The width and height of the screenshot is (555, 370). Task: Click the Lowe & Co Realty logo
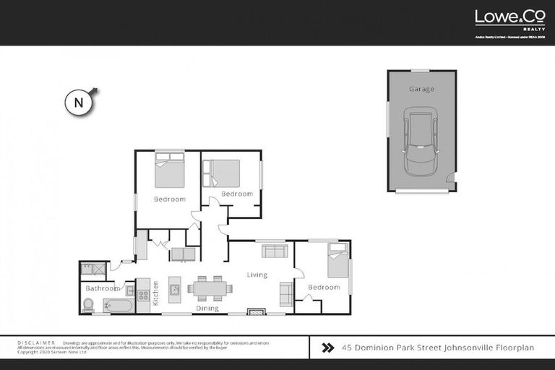(499, 20)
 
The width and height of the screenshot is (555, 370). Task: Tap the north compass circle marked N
(79, 103)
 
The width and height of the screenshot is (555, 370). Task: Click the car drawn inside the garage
(421, 140)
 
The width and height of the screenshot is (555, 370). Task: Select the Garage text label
(421, 89)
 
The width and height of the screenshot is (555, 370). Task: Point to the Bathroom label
(102, 288)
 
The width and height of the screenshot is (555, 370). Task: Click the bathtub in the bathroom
(119, 305)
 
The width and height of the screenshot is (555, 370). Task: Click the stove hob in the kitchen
(143, 295)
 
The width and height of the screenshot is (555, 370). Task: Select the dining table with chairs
(210, 288)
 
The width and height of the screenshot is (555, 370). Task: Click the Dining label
(208, 309)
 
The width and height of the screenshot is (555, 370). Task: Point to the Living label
(257, 275)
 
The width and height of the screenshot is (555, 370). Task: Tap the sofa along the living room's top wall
(274, 251)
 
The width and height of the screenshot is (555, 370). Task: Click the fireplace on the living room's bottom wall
(257, 311)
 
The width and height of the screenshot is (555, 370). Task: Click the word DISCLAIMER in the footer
(35, 343)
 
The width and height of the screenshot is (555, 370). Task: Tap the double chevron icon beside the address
(327, 348)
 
